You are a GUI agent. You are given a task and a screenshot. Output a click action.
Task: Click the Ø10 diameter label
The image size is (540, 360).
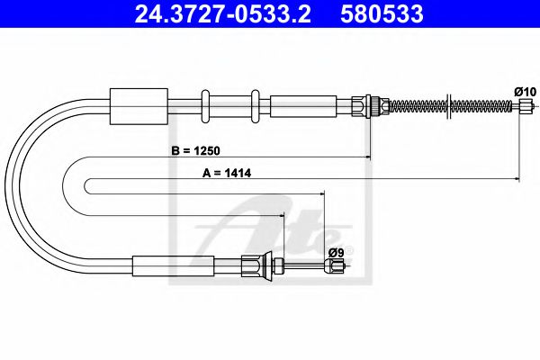(525, 91)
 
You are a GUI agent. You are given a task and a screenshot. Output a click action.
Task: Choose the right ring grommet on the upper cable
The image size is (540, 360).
(256, 105)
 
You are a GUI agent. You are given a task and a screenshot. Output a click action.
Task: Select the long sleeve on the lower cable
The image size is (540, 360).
(173, 265)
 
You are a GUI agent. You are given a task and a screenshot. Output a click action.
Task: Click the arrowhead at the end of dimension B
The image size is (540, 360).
(367, 158)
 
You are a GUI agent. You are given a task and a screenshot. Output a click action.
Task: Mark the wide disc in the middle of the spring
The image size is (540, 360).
(447, 105)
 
